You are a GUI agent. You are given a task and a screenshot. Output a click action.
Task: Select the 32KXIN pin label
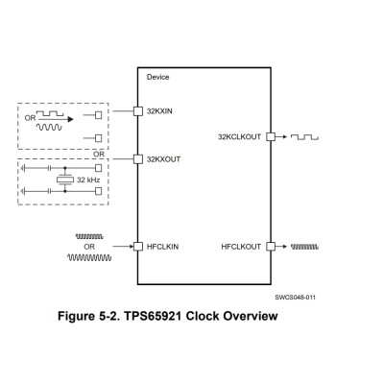click(x=157, y=111)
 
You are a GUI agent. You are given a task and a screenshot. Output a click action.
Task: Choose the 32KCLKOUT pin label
click(x=240, y=137)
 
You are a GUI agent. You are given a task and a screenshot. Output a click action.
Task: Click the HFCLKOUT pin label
click(x=242, y=246)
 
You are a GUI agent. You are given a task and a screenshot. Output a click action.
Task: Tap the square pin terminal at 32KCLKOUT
click(x=272, y=137)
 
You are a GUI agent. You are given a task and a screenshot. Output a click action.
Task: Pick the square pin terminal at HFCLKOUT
click(x=272, y=246)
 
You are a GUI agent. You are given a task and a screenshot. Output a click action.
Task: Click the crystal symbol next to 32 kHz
click(x=65, y=180)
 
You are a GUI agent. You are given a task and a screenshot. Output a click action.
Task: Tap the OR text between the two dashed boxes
click(x=98, y=152)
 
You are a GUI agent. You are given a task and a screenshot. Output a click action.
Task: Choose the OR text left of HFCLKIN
click(x=89, y=246)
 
